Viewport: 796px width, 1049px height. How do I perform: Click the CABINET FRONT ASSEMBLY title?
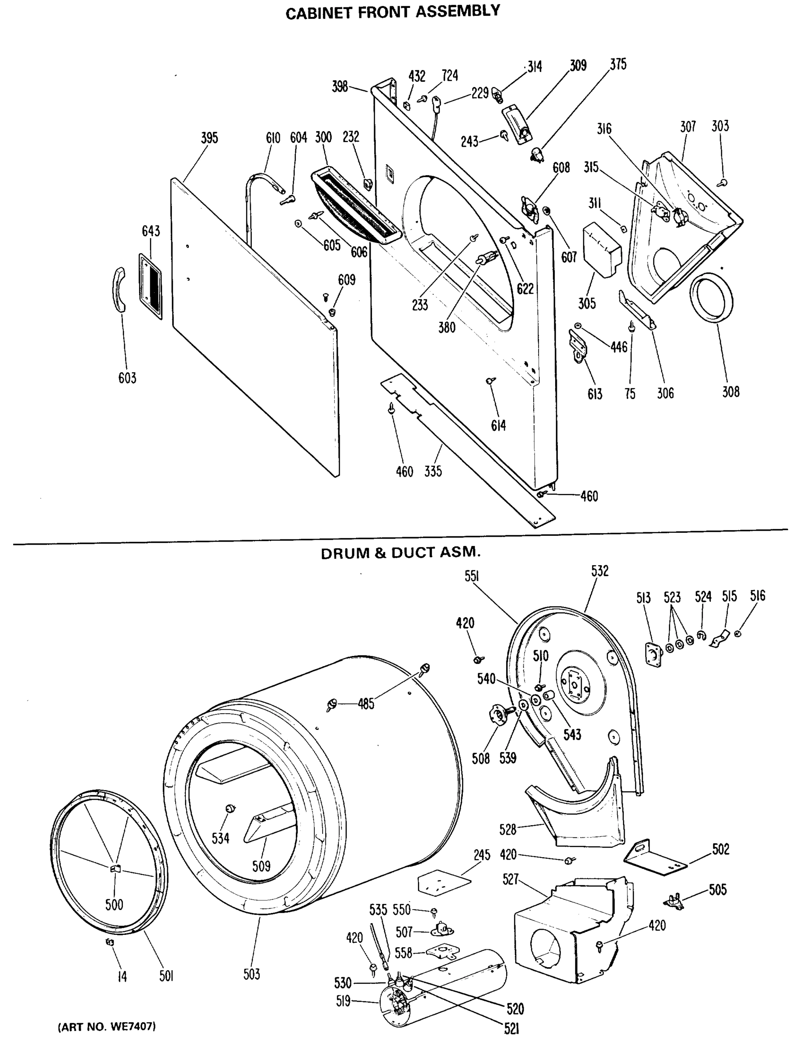click(x=393, y=12)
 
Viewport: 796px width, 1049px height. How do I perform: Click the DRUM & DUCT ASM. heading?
click(x=401, y=553)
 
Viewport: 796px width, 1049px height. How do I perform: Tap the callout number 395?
click(x=209, y=138)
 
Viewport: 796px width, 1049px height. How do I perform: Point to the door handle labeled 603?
click(x=118, y=289)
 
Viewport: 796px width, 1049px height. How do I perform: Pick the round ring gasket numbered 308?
click(x=711, y=298)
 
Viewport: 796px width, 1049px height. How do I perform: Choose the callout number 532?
click(x=600, y=571)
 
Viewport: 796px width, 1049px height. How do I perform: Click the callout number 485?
click(x=366, y=704)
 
